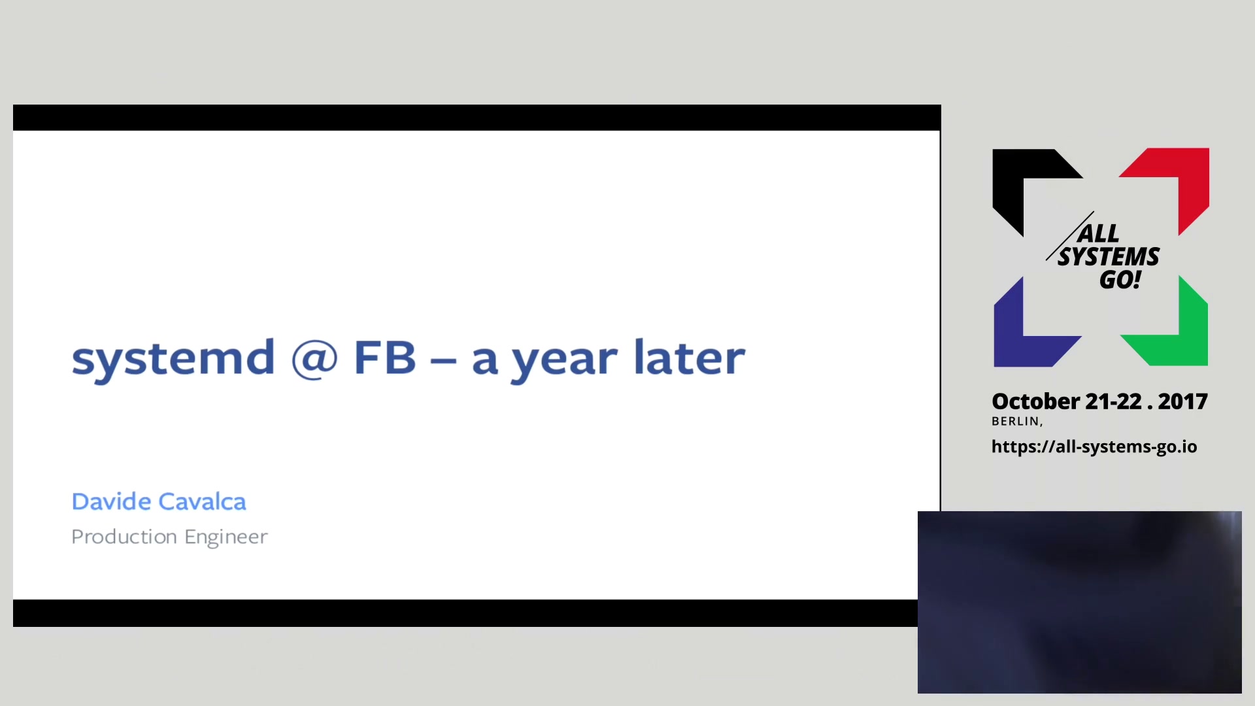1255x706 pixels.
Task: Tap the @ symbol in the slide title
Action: (x=314, y=358)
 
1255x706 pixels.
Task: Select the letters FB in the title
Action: (x=385, y=357)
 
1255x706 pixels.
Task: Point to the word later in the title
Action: (x=690, y=357)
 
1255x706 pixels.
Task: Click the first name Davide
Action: (x=112, y=501)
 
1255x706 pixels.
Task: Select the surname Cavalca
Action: (x=203, y=501)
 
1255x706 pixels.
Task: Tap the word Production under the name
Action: (x=124, y=537)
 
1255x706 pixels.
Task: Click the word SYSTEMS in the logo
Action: (x=1109, y=257)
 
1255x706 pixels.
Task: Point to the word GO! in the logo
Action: (x=1120, y=280)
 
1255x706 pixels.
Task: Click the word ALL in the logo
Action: (x=1099, y=233)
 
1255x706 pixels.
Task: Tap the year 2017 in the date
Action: (x=1182, y=401)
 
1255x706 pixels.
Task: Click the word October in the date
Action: (x=1036, y=401)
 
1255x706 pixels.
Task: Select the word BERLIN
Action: (x=1016, y=422)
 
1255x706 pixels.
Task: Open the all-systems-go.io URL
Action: (x=1094, y=446)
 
